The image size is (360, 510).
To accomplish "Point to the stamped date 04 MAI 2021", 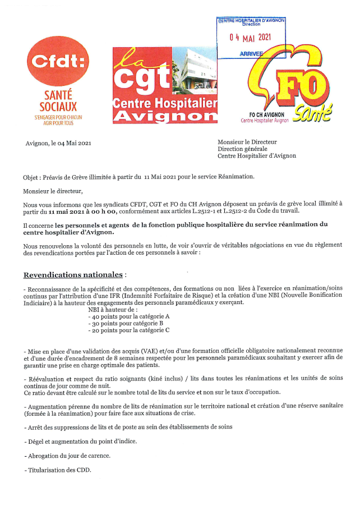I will pos(251,38).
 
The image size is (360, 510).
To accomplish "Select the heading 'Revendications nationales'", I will pos(73,275).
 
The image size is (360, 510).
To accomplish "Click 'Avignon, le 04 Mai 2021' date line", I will pos(58,143).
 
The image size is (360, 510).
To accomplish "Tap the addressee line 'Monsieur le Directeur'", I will pos(247,142).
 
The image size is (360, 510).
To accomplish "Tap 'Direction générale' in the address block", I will pos(243,149).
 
